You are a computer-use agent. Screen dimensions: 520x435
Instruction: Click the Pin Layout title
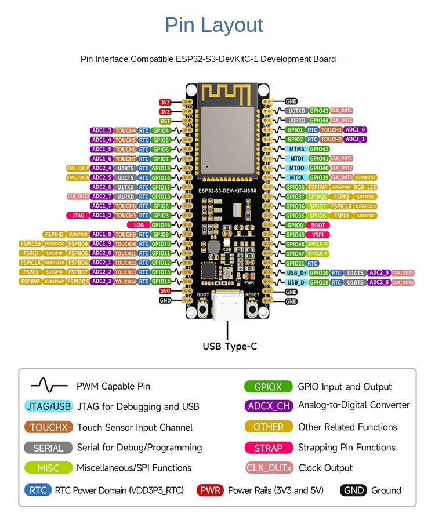coord(214,25)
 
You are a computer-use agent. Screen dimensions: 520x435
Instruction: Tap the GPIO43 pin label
coord(319,111)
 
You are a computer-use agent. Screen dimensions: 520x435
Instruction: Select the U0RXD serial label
coord(296,120)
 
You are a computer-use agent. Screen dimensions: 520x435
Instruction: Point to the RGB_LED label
coord(365,187)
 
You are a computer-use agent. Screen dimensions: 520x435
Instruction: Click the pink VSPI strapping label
coord(317,235)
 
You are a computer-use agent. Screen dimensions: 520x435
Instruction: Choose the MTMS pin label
coord(296,149)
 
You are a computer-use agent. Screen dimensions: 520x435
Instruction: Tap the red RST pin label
coord(165,121)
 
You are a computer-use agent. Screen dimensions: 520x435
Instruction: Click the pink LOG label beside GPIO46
coord(139,225)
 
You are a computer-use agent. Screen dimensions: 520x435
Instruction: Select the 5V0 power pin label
coord(165,291)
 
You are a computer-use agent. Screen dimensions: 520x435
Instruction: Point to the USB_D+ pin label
coord(296,272)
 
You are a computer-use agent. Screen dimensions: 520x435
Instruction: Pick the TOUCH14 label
coord(125,282)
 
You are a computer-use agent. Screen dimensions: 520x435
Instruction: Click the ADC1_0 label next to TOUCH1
coord(356,130)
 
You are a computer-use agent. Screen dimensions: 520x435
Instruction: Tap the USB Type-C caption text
coord(229,347)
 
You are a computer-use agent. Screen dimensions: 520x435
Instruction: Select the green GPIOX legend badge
coord(268,387)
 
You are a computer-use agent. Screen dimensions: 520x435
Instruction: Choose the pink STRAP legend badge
coord(268,448)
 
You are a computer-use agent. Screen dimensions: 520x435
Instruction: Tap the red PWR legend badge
coord(210,490)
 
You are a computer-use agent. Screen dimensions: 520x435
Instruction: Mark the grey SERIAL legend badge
coord(48,448)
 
